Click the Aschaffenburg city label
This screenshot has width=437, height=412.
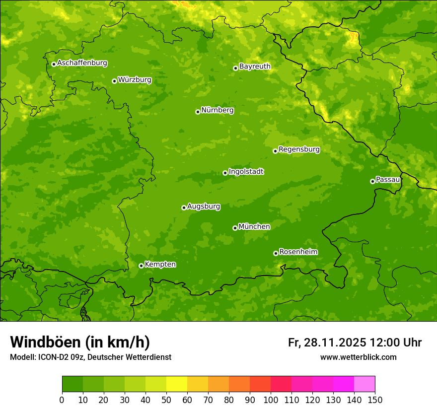(x=82, y=63)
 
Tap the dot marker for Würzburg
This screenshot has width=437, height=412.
(x=114, y=81)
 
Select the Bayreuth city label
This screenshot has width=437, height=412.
(x=255, y=67)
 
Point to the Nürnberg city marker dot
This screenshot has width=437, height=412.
(x=198, y=112)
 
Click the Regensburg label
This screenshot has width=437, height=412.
(x=299, y=149)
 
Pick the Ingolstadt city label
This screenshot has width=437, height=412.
(x=246, y=172)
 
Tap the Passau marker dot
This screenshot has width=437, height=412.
(x=372, y=181)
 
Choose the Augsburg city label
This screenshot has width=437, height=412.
(x=204, y=206)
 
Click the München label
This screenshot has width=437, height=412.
(x=254, y=227)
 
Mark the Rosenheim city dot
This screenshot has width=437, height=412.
(x=276, y=253)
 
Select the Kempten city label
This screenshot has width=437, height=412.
(x=160, y=265)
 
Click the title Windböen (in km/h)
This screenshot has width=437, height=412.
(x=79, y=342)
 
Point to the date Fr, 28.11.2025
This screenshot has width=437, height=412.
(x=327, y=343)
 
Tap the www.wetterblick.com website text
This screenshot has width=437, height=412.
(x=358, y=357)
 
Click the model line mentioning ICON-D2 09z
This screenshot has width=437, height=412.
(x=90, y=357)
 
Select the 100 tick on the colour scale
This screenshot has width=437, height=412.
(x=271, y=400)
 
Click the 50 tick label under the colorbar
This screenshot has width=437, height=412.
(x=166, y=400)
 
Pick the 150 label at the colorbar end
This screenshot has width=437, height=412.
(x=375, y=400)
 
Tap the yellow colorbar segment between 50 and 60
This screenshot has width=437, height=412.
(x=177, y=384)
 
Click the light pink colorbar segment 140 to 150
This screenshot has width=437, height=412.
(x=364, y=384)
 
